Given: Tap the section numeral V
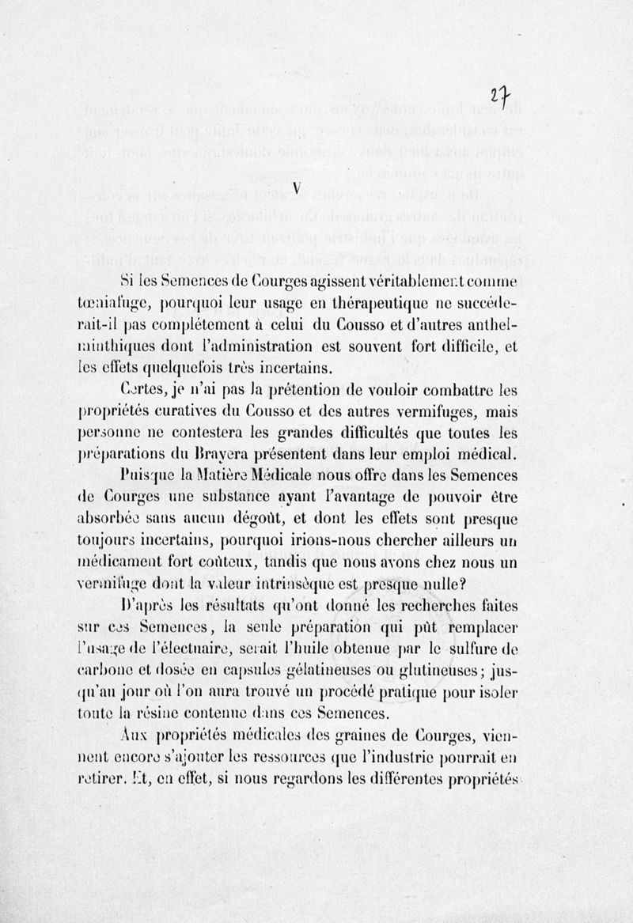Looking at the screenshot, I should (x=296, y=187).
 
